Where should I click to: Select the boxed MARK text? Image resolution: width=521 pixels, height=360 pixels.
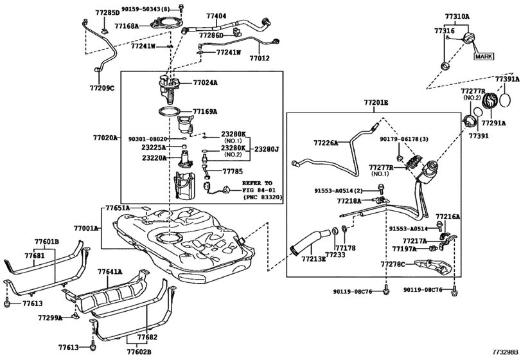pos(483,57)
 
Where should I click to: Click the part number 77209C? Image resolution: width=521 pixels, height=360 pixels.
pos(101,87)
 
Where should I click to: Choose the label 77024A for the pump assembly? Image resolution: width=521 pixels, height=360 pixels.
pos(206,82)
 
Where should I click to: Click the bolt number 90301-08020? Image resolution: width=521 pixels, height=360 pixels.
pos(148,138)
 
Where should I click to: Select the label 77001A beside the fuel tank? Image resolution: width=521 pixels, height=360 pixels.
pos(86,228)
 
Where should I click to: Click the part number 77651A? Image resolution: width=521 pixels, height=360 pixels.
pos(118,208)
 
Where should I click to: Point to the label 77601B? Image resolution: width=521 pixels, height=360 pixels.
pos(46,241)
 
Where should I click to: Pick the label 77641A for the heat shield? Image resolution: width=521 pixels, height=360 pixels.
pos(110,272)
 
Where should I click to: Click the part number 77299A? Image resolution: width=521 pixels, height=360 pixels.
pos(49,318)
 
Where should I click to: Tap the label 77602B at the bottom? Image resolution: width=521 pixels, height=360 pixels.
pos(139,352)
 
